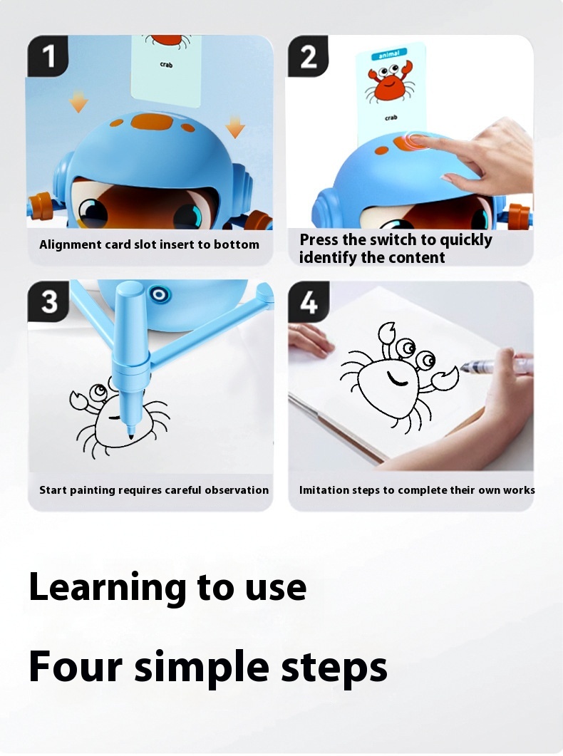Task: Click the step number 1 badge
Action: click(49, 56)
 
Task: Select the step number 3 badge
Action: click(49, 301)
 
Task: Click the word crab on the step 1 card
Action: click(167, 65)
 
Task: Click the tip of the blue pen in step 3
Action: click(130, 433)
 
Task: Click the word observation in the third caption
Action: click(237, 490)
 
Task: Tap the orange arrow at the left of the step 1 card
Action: click(78, 103)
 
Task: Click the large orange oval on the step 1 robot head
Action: click(151, 121)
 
